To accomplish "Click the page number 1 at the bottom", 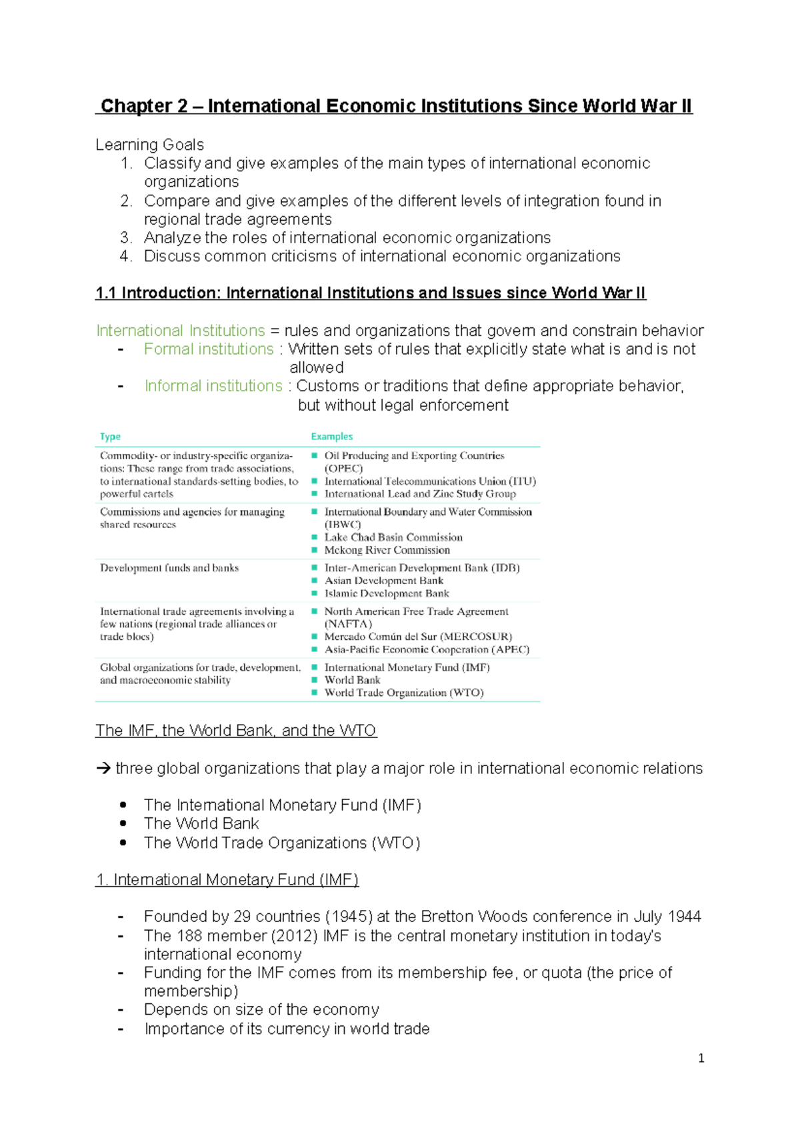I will [701, 1058].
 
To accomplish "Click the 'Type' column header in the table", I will [110, 437].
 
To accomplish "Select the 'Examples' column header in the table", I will [331, 437].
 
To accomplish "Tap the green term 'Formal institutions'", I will [209, 349].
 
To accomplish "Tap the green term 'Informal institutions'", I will [213, 386].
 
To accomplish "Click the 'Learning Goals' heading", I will [149, 145].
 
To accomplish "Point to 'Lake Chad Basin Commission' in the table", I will [393, 537].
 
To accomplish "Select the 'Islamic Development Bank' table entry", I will [386, 593].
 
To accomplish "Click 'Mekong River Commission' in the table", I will [387, 550].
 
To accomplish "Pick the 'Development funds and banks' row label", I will [169, 568].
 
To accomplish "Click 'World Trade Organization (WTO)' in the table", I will [403, 693].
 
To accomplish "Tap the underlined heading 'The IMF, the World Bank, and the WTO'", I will [235, 731].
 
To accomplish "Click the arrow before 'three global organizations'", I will [103, 769].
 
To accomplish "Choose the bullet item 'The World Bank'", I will [201, 823].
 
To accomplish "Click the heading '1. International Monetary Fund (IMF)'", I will [227, 880].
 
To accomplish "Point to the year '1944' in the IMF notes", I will [684, 917].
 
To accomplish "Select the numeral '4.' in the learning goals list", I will [126, 257].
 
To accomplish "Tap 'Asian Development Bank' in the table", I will [383, 581].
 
